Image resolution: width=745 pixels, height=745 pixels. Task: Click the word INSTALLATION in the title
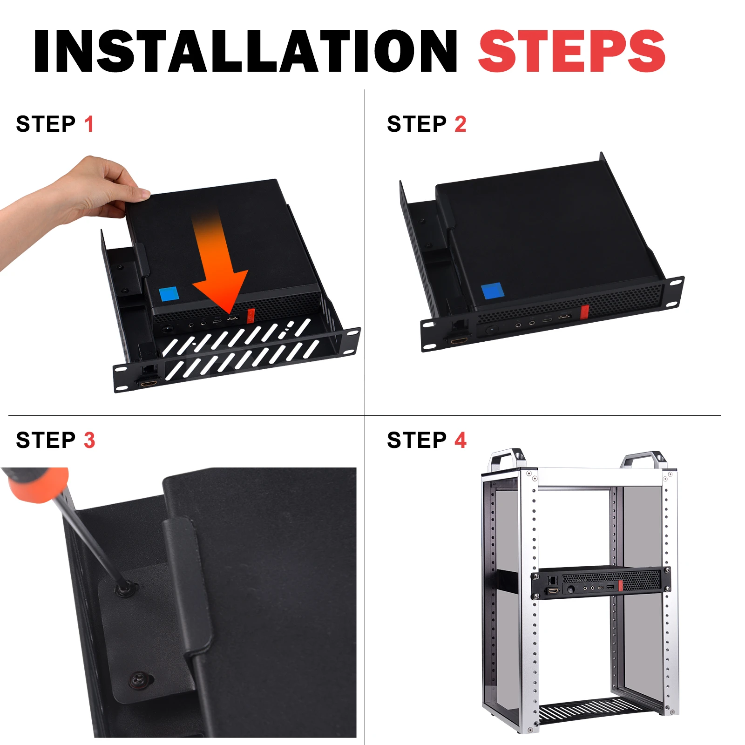click(x=246, y=51)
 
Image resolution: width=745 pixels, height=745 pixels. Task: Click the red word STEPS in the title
click(x=572, y=51)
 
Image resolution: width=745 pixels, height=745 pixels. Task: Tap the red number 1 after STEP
click(x=89, y=124)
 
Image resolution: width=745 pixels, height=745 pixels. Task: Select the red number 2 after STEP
click(x=460, y=124)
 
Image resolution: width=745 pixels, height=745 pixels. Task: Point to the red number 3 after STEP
click(x=89, y=440)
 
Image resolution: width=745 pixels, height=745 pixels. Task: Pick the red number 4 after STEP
click(x=461, y=440)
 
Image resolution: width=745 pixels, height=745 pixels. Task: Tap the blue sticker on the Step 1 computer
click(x=169, y=295)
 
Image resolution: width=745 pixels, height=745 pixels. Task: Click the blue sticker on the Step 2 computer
click(x=493, y=291)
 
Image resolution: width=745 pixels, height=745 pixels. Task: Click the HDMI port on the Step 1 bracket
click(x=149, y=383)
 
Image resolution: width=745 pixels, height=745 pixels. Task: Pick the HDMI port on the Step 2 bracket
click(x=459, y=341)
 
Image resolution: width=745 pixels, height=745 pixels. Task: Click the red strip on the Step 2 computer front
click(x=585, y=312)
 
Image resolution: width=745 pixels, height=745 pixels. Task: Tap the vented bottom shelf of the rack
click(x=601, y=710)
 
